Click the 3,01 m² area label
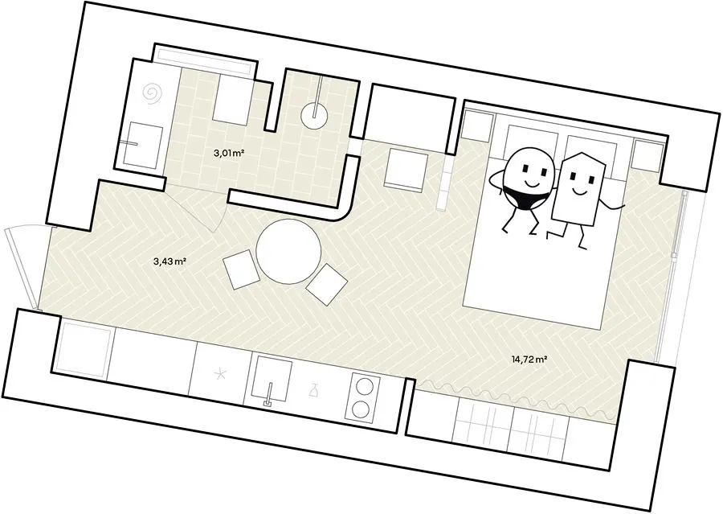click(x=229, y=154)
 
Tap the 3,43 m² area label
click(x=170, y=261)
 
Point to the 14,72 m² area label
click(x=529, y=359)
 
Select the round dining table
click(x=288, y=251)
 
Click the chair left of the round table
click(x=241, y=269)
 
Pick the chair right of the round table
click(x=326, y=284)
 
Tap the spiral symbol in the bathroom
click(x=153, y=93)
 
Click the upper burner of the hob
click(x=363, y=385)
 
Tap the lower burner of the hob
click(x=361, y=409)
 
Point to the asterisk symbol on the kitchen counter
click(x=222, y=373)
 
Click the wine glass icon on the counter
click(x=314, y=390)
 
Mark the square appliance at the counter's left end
click(x=86, y=347)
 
